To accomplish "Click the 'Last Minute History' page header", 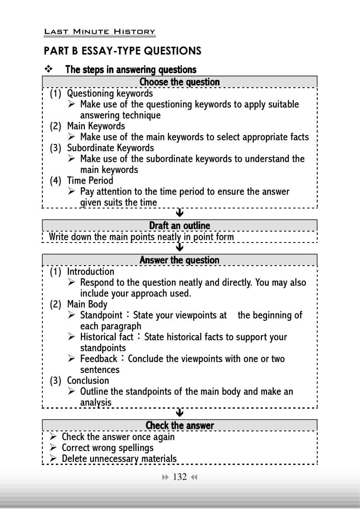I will point(99,31).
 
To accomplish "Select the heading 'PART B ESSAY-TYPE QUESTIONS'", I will point(123,51).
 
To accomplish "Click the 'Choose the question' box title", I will point(179,82).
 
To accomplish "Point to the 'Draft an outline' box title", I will point(179,225).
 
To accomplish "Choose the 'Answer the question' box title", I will point(179,260).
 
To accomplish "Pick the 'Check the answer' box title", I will point(179,425).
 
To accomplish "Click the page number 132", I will point(180,477).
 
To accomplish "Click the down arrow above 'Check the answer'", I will point(179,413).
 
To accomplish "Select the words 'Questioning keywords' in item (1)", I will point(110,93).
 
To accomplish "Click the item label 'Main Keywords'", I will point(96,126).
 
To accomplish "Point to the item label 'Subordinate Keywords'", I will point(110,148).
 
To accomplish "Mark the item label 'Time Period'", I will point(90,181).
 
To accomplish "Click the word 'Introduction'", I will point(90,272).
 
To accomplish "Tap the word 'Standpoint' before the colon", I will point(101,315).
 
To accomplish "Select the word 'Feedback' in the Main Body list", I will point(99,359).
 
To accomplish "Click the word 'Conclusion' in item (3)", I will point(88,381).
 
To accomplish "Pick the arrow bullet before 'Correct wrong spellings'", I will point(53,448).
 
